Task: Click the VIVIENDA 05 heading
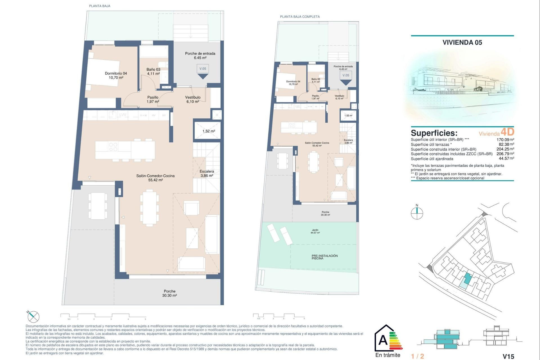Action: coord(462,42)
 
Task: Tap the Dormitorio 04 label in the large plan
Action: coord(116,75)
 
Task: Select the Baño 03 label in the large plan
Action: coord(153,71)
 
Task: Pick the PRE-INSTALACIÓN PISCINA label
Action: coord(325,257)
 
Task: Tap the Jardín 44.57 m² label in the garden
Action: coord(315,231)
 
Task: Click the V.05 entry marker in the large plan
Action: coord(202,69)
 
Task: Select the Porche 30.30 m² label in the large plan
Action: coord(169,293)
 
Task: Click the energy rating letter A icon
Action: coord(383,340)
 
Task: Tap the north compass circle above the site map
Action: coord(417,213)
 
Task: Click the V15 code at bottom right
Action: coord(508,356)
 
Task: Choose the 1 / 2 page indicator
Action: coord(417,356)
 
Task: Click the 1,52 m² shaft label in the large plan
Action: coord(208,131)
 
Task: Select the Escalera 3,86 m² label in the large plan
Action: coord(207,173)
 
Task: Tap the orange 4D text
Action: coord(507,132)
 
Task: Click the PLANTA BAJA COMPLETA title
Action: coord(300,17)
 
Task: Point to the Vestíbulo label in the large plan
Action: coord(193,99)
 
